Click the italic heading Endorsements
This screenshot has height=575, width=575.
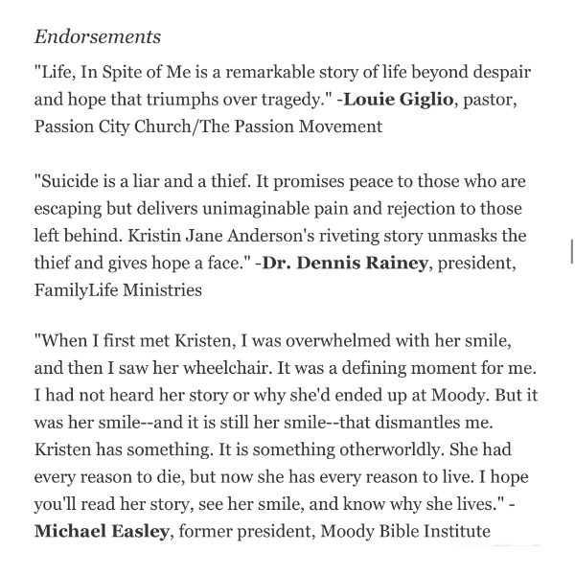[x=98, y=37]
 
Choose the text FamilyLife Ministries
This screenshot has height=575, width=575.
[x=117, y=288]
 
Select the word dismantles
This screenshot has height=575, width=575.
[x=431, y=422]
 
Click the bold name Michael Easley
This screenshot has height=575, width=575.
[x=101, y=530]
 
